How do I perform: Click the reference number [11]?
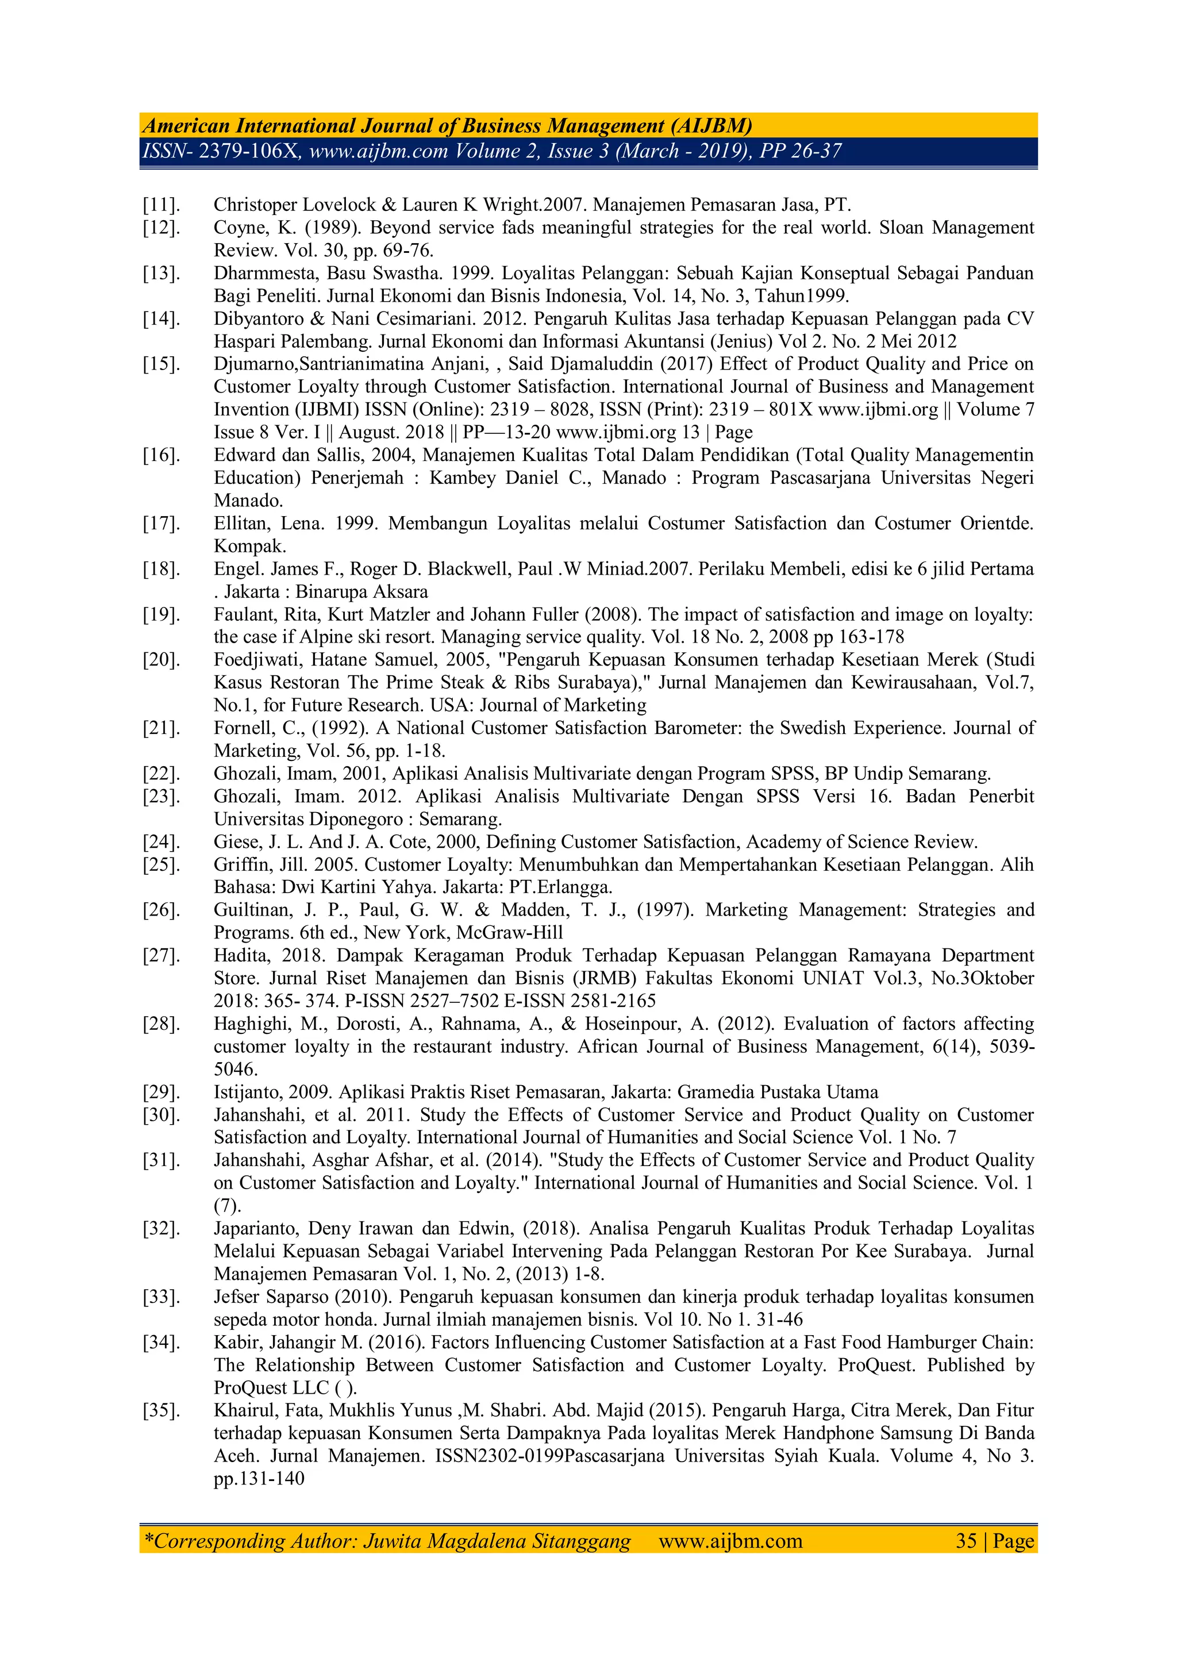[x=161, y=205]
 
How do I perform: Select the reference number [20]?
[x=161, y=660]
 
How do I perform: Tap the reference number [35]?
[x=161, y=1410]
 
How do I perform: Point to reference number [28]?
[x=161, y=1024]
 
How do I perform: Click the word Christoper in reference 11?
[x=256, y=205]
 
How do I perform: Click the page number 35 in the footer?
[x=966, y=1541]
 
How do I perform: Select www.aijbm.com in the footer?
[x=730, y=1541]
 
